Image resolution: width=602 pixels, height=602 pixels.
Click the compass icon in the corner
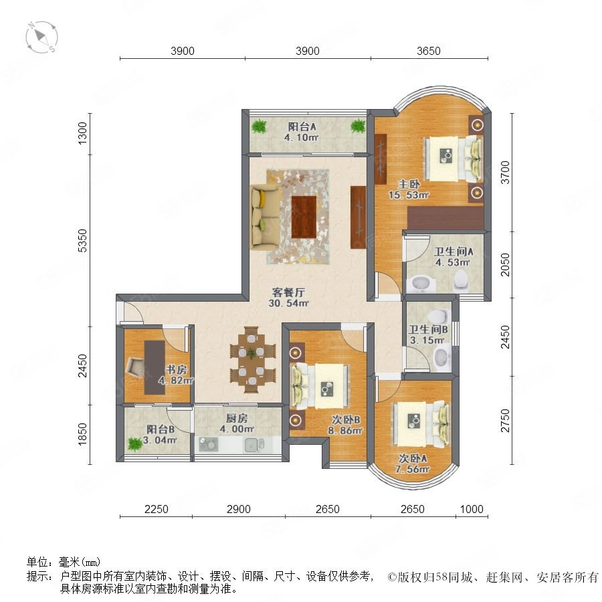point(41,37)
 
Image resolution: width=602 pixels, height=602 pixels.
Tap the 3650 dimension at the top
point(429,51)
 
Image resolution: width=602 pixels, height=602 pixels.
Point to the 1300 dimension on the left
point(82,133)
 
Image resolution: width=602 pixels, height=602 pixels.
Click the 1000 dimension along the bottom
point(472,509)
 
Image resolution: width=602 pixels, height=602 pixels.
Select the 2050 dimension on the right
point(505,264)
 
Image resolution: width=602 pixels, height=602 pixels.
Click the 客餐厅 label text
point(288,292)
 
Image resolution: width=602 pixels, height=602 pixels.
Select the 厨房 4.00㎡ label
point(237,423)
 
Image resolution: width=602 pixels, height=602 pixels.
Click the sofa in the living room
point(265,217)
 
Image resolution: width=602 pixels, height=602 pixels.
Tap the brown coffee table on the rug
point(304,217)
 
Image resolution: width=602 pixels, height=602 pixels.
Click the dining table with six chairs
point(252,360)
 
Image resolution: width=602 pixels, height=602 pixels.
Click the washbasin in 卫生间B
point(441,357)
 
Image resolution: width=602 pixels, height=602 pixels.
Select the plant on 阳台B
point(134,444)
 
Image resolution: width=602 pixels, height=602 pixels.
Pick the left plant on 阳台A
point(259,126)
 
